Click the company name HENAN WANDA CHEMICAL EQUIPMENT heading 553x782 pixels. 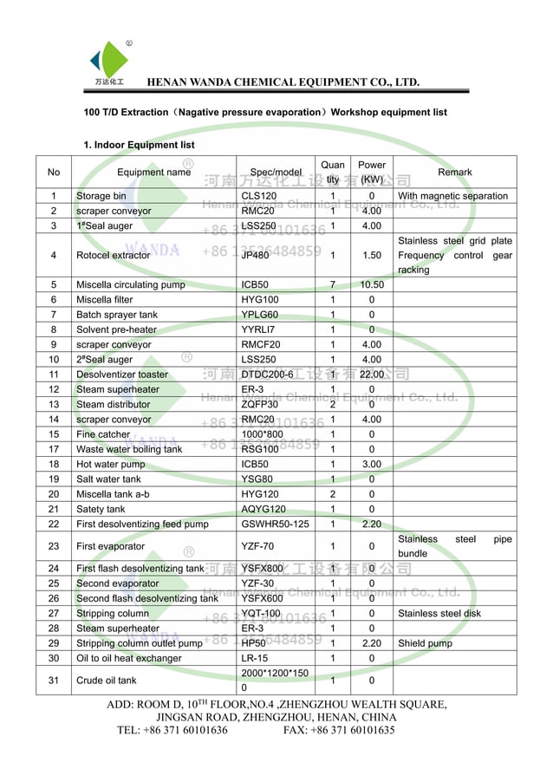[x=283, y=82]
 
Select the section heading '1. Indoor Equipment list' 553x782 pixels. [x=139, y=145]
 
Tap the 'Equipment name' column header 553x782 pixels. [x=153, y=173]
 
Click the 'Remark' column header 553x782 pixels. [x=454, y=173]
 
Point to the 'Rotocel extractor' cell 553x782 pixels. [x=113, y=256]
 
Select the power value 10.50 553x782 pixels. [x=372, y=284]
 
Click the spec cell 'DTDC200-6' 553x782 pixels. [x=267, y=375]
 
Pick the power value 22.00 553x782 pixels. [x=372, y=375]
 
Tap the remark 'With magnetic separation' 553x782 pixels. [x=452, y=196]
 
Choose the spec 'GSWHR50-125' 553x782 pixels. [x=275, y=525]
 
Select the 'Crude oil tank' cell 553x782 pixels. [x=106, y=681]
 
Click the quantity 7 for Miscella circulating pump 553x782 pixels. [x=332, y=284]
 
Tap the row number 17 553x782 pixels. [x=54, y=449]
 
